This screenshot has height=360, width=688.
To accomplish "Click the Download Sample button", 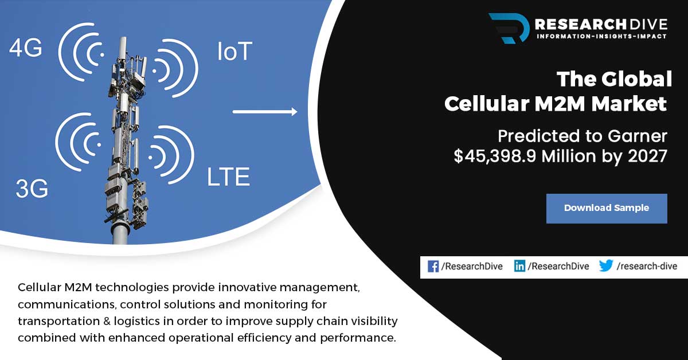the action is [x=607, y=208].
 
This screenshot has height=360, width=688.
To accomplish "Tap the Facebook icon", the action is [x=433, y=267].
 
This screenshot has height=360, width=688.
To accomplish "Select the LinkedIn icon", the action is [x=519, y=266].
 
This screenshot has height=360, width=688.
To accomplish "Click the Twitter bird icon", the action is [x=605, y=265].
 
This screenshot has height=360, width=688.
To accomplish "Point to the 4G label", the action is [x=25, y=48].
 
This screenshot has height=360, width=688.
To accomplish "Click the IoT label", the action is [x=235, y=51].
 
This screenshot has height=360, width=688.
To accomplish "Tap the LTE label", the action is [x=229, y=177].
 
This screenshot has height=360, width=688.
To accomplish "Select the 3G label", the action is [x=32, y=188].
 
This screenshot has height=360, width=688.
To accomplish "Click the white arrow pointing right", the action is [x=265, y=112].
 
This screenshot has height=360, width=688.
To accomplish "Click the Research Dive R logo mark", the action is [x=509, y=28].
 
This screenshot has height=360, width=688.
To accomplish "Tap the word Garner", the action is [x=638, y=136].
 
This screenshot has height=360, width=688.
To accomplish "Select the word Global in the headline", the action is [x=636, y=79].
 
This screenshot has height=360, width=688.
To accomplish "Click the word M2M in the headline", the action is [x=560, y=104].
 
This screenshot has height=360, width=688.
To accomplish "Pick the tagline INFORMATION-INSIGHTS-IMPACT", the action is [x=601, y=36].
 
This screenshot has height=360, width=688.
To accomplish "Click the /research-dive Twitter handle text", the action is [x=647, y=266].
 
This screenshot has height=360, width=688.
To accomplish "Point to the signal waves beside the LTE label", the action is [x=171, y=155].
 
